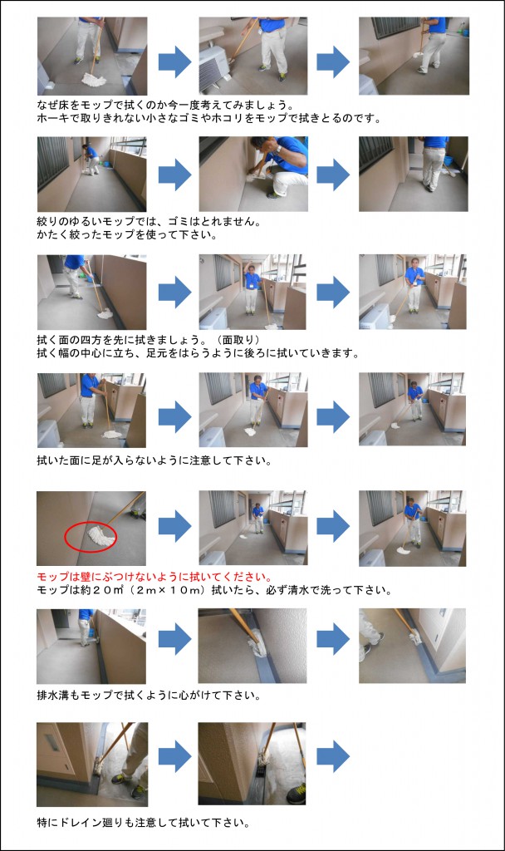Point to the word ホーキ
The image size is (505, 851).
click(53, 118)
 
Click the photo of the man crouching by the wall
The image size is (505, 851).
click(253, 174)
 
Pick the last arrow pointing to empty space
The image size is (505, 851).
click(332, 756)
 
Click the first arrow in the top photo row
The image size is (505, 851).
click(174, 60)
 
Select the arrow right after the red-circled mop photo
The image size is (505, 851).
click(174, 526)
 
